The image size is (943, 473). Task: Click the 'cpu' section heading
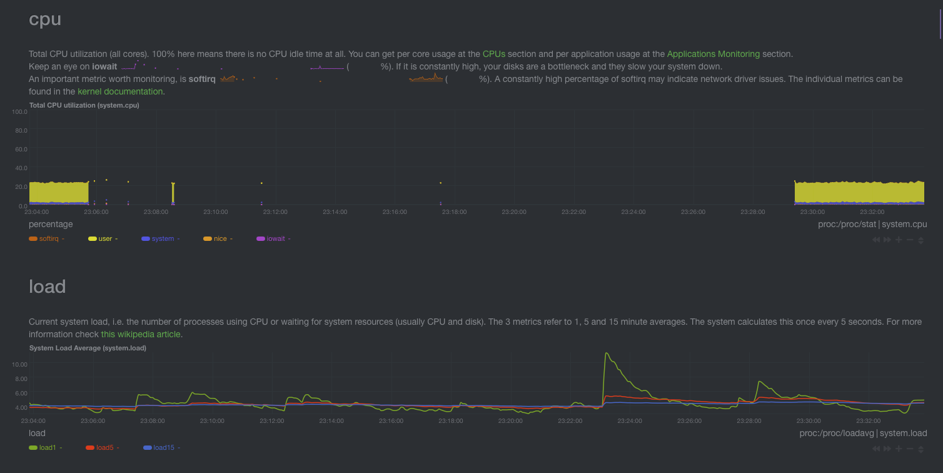(45, 19)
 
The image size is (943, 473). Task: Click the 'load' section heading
(47, 287)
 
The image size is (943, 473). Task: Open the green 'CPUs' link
(493, 54)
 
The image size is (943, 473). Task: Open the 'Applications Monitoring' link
(713, 54)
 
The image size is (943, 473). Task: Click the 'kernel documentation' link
(120, 91)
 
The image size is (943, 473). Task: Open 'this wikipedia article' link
(141, 334)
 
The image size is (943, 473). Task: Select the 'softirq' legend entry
(48, 239)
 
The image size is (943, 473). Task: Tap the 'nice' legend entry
(219, 239)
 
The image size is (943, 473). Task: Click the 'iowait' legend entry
(275, 239)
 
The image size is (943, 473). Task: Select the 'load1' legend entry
(48, 448)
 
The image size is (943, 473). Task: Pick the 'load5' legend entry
(104, 448)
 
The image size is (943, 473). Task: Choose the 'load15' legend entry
(163, 448)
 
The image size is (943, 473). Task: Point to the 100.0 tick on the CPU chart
(19, 111)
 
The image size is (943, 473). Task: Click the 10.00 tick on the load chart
(19, 364)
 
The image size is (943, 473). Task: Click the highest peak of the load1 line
(606, 353)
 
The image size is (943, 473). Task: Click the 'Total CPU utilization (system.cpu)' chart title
(84, 105)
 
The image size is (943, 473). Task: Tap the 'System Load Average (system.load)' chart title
(88, 348)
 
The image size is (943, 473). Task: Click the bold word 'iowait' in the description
(104, 66)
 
